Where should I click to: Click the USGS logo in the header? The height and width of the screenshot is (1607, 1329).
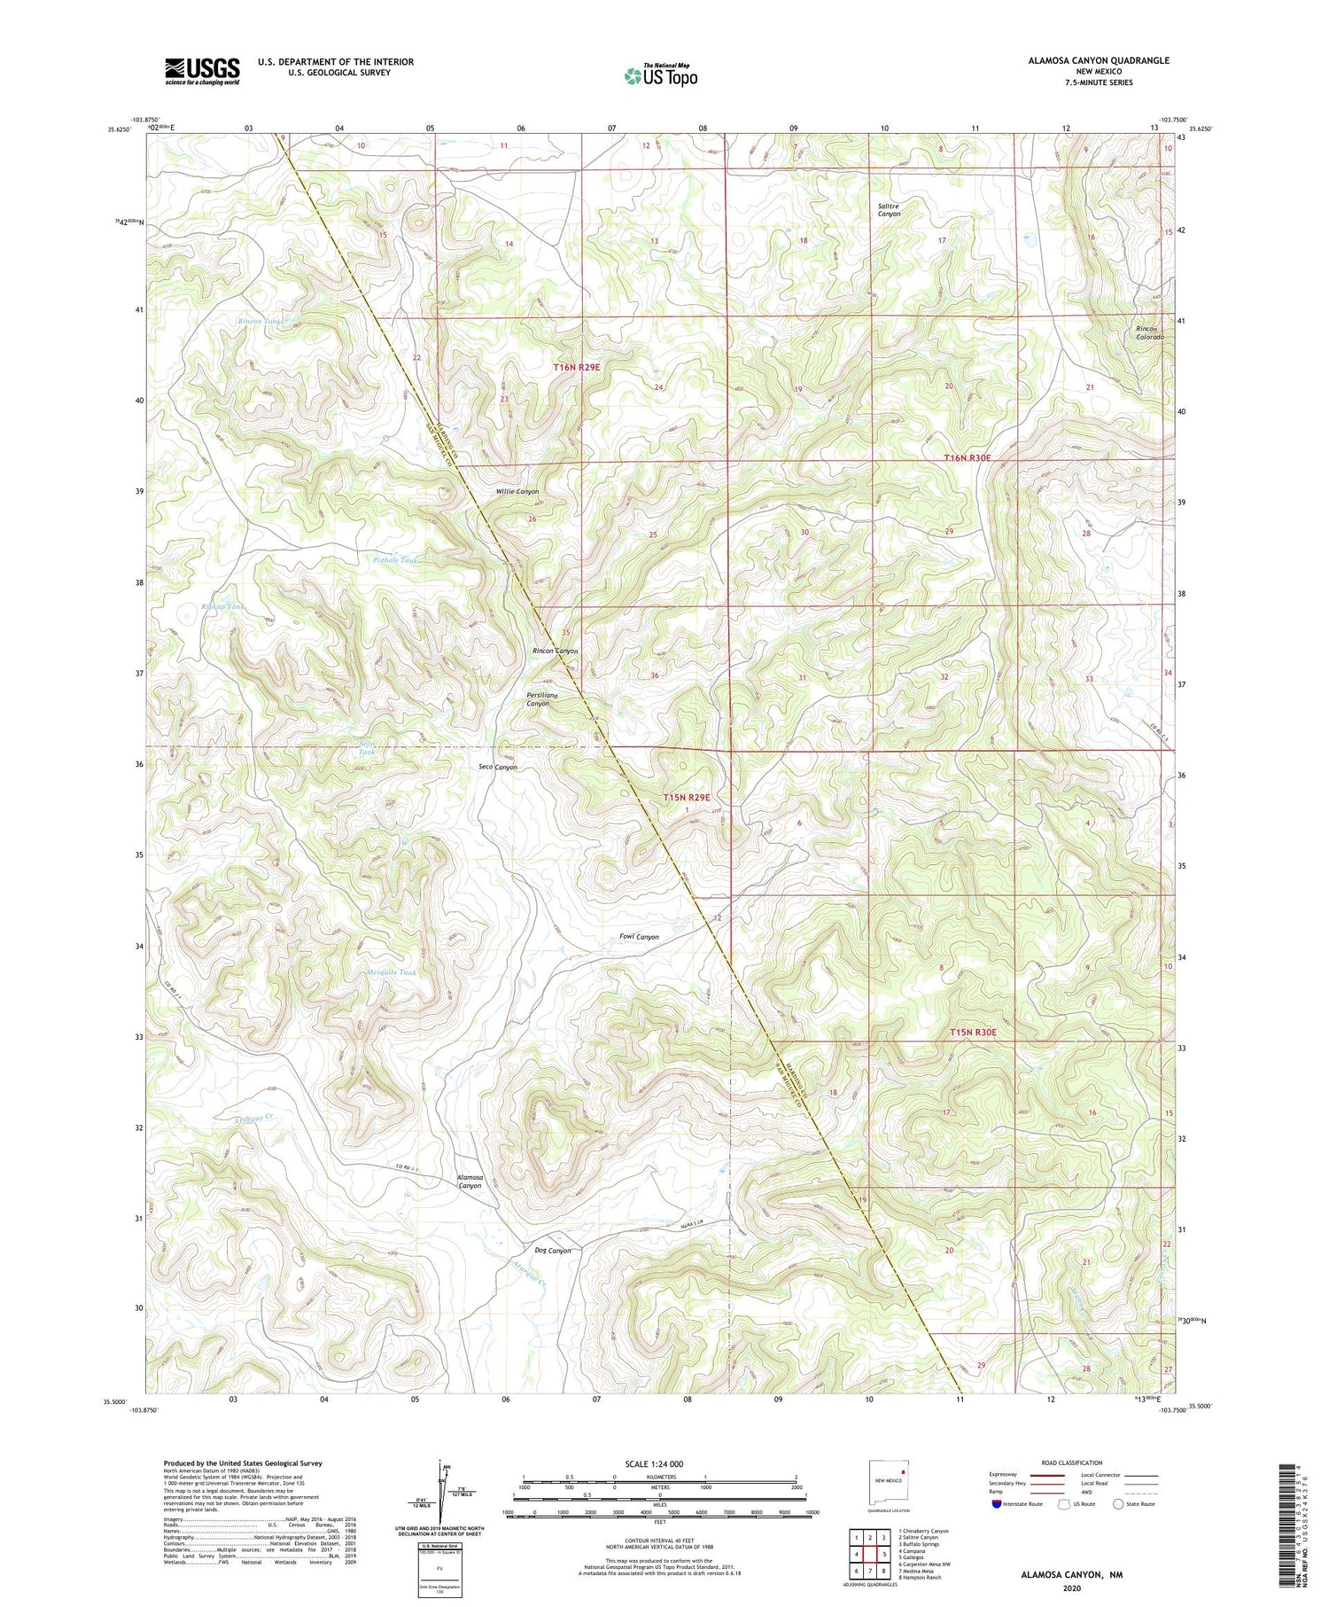pyautogui.click(x=202, y=71)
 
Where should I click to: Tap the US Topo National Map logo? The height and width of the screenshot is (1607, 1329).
pyautogui.click(x=660, y=75)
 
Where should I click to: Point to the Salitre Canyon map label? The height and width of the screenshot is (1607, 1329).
pyautogui.click(x=889, y=209)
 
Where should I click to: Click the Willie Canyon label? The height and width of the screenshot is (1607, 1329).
pyautogui.click(x=517, y=491)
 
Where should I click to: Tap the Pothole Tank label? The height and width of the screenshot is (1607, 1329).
pyautogui.click(x=395, y=560)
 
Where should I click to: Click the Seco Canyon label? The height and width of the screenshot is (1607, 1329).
pyautogui.click(x=498, y=767)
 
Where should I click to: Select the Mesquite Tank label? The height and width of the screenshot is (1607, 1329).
pyautogui.click(x=391, y=972)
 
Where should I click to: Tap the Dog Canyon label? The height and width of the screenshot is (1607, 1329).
pyautogui.click(x=553, y=1251)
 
